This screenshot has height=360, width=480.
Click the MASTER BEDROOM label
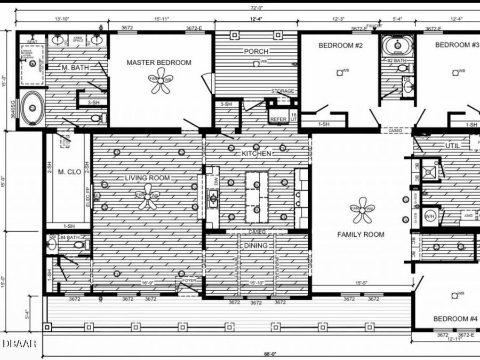[x=158, y=62]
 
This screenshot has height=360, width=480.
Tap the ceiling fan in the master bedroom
[x=161, y=80]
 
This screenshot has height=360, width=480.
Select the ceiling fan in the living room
[x=148, y=196]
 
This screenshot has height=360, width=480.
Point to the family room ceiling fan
[x=363, y=209]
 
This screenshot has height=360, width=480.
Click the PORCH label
[x=256, y=52]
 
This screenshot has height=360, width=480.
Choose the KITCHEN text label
[x=257, y=153]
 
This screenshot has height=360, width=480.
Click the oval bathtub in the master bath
[x=33, y=109]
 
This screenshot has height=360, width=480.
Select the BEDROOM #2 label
[x=340, y=46]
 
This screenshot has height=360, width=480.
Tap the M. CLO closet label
[x=69, y=172]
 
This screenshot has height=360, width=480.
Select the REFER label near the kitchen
[x=278, y=119]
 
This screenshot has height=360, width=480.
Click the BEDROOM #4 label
[x=455, y=319]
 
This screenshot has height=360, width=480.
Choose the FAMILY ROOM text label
[x=361, y=234]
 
